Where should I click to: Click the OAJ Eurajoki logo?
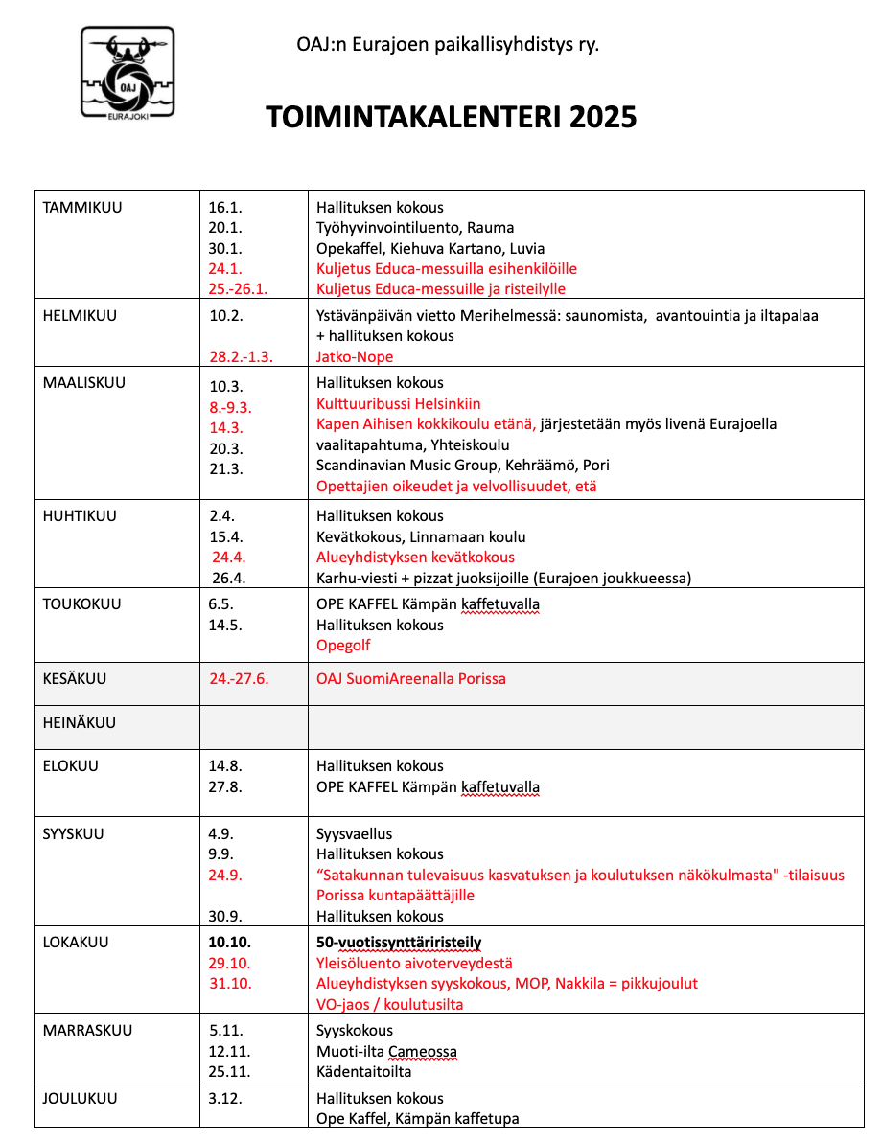(128, 72)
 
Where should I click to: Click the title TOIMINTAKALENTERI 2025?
(451, 117)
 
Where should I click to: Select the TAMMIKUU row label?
(82, 207)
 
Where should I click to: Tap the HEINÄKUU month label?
(80, 722)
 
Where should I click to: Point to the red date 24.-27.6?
(239, 678)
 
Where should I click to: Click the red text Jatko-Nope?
(355, 356)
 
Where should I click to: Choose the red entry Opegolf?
(343, 645)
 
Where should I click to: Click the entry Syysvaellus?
(354, 833)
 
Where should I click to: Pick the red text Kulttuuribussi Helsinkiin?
(399, 403)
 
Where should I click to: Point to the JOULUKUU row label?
(81, 1098)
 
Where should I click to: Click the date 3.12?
(225, 1098)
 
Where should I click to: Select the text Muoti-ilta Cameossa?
(386, 1051)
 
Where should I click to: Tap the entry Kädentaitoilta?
(364, 1072)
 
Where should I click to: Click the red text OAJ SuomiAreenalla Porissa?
(411, 678)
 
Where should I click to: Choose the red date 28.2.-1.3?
(242, 356)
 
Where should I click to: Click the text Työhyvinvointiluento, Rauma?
(415, 227)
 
